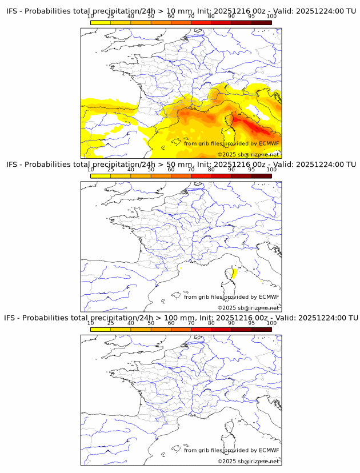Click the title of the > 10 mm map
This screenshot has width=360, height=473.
[181, 11]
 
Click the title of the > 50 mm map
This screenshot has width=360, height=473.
[181, 165]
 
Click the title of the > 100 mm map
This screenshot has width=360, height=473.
[181, 318]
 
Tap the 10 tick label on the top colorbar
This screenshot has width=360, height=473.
[91, 16]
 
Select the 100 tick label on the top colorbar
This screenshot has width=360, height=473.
[271, 16]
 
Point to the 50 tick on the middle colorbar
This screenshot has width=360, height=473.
[151, 170]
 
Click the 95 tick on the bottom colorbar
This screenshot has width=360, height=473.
[251, 323]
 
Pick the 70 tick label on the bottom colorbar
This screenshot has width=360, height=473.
[191, 323]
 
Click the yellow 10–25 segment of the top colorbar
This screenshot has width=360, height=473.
[101, 22]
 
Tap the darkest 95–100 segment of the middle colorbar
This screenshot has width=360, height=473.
[261, 175]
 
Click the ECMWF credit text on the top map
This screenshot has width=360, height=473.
[231, 143]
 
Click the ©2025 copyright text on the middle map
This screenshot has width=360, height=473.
[248, 308]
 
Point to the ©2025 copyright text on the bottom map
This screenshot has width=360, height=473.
[248, 461]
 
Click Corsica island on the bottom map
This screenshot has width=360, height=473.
[233, 428]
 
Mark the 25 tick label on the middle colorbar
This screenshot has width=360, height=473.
[111, 170]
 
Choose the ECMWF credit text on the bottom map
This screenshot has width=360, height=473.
[231, 450]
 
